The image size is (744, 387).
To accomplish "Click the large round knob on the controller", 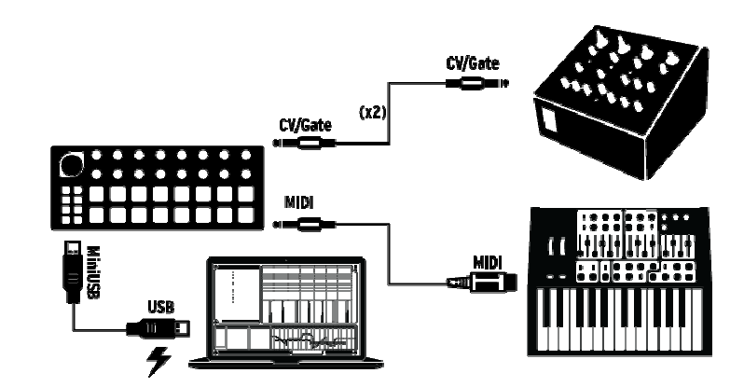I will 69,166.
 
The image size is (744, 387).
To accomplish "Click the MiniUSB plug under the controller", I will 71,265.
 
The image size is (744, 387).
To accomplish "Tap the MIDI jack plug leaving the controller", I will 303,223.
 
